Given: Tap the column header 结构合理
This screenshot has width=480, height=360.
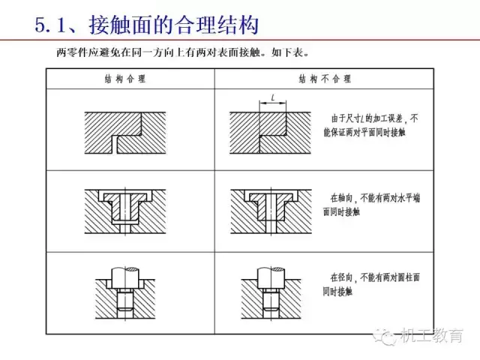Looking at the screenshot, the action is click(x=125, y=79).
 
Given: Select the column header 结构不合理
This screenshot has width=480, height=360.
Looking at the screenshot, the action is click(x=325, y=79).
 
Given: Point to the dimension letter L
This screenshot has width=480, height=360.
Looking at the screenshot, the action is click(x=273, y=97).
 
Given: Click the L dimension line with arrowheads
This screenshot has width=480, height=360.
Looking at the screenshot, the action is click(x=273, y=103).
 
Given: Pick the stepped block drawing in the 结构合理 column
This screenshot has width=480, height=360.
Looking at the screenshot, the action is click(x=125, y=133).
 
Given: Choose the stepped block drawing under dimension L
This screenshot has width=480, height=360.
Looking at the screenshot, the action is click(x=270, y=133).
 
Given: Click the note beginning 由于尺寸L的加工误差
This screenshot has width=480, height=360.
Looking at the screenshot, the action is click(x=370, y=125).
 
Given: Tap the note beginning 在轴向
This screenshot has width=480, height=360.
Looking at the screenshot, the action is click(x=371, y=205).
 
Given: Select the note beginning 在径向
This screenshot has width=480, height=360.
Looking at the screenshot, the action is click(x=371, y=284).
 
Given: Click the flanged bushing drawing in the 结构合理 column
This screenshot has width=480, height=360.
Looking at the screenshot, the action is click(x=125, y=211).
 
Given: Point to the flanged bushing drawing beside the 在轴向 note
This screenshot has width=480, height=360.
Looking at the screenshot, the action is click(x=271, y=211).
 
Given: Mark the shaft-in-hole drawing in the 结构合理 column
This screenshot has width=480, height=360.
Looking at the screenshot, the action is click(x=125, y=293).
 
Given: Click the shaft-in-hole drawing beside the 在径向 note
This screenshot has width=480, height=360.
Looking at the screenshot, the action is click(x=271, y=293).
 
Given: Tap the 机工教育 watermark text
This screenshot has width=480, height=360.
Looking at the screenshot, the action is click(x=432, y=335).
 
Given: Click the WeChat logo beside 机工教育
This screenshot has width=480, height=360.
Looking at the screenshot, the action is click(x=385, y=337).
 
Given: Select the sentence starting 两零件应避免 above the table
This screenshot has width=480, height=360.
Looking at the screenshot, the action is click(x=183, y=52).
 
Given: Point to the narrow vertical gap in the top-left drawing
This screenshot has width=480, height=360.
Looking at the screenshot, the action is click(x=115, y=145).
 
